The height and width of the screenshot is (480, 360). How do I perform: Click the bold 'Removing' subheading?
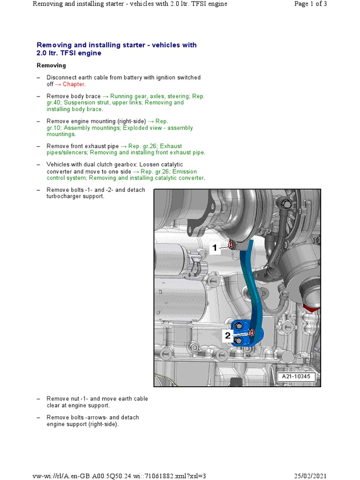(x=51, y=66)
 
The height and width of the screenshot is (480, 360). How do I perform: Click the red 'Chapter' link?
(x=74, y=84)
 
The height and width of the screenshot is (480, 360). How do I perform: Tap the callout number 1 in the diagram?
(x=215, y=248)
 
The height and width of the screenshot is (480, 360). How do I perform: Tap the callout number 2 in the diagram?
(x=228, y=336)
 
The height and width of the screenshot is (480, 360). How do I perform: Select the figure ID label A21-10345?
(x=296, y=376)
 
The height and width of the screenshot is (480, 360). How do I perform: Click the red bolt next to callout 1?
(x=231, y=245)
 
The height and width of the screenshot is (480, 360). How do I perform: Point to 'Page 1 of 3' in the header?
(x=310, y=4)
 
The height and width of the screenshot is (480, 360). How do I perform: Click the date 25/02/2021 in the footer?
(x=310, y=476)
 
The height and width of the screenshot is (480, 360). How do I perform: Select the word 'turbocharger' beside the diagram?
(x=63, y=196)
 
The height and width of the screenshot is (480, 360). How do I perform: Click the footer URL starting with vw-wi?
(x=120, y=476)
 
